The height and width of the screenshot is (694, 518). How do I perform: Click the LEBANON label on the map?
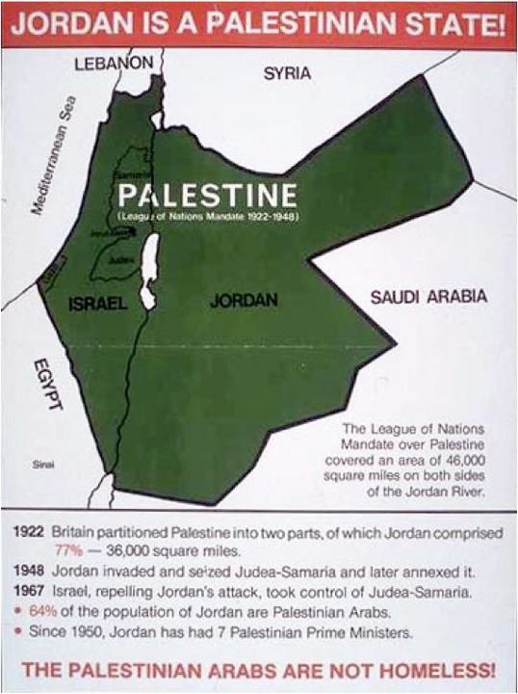[114, 64]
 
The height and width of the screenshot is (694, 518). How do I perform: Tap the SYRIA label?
[286, 73]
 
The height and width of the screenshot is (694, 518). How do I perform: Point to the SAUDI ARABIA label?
[428, 297]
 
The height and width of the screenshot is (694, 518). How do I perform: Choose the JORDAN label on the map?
[244, 301]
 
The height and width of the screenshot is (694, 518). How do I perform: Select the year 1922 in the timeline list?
[28, 531]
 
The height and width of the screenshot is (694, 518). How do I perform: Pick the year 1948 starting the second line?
[28, 569]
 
